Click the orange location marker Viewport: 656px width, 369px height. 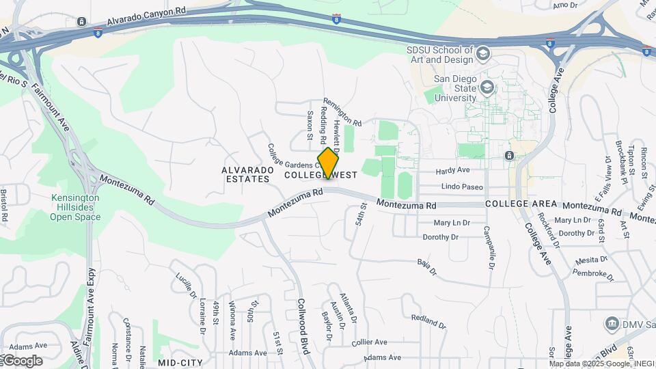[x=328, y=163]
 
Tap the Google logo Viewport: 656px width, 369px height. [x=22, y=360]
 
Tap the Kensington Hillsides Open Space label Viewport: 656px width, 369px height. [x=75, y=207]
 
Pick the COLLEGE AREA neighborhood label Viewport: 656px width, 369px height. [x=517, y=204]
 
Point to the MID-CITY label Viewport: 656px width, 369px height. [x=180, y=362]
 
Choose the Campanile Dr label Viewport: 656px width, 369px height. [x=489, y=247]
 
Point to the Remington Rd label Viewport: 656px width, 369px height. [x=342, y=110]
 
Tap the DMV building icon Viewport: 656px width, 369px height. [x=612, y=323]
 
